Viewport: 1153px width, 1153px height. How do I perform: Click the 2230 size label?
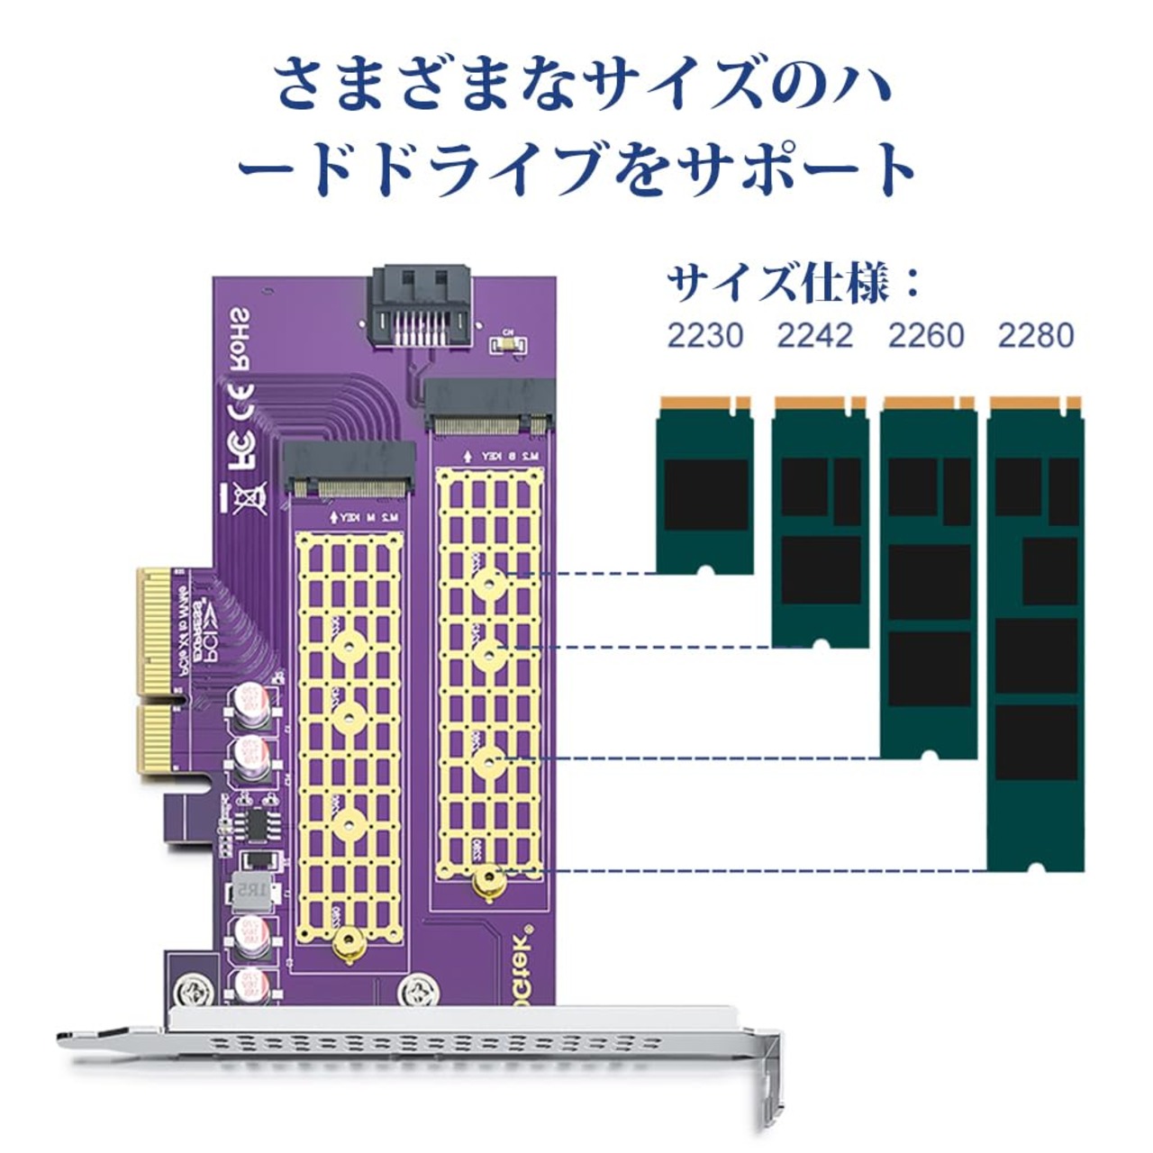705,335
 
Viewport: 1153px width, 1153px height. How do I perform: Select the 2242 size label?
815,335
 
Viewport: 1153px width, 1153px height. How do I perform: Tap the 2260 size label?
926,335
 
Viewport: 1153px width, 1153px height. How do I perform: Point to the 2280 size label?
1036,335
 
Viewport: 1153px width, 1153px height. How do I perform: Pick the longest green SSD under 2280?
1036,631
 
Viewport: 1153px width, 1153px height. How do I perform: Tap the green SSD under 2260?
928,576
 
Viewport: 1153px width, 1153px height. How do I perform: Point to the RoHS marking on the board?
240,338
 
